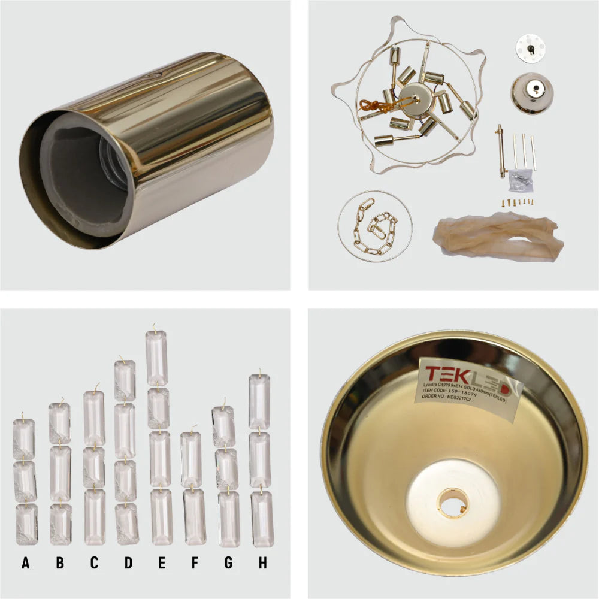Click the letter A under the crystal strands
tap(25, 563)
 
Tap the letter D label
tap(128, 563)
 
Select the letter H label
tap(261, 563)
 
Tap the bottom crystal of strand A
tap(26, 524)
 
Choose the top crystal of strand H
tap(259, 394)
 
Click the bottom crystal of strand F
tap(195, 517)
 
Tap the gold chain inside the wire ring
tap(374, 228)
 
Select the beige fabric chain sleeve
tap(497, 237)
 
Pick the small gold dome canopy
tap(532, 93)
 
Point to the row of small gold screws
tap(516, 203)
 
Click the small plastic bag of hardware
tap(516, 180)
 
